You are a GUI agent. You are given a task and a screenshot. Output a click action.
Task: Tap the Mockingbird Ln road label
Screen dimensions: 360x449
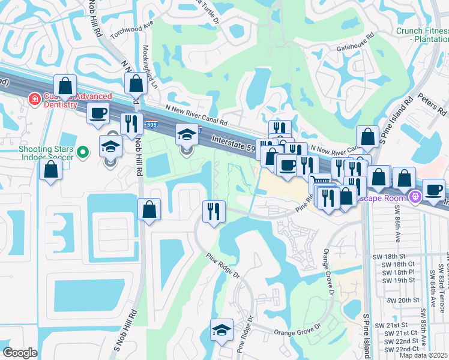coord(145,67)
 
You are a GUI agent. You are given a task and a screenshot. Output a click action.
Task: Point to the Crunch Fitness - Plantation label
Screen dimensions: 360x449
coord(421,35)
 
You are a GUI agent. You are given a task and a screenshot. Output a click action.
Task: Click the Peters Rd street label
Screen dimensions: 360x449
coord(433,104)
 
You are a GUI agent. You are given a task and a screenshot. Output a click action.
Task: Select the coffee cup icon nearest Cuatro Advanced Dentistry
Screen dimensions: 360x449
coord(98,113)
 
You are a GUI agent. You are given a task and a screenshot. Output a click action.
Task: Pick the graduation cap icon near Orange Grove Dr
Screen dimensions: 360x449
coord(221,330)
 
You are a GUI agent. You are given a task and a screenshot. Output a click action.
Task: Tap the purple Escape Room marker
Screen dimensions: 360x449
coord(414,196)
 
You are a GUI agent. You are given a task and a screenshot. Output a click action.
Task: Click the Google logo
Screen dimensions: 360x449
coord(20,353)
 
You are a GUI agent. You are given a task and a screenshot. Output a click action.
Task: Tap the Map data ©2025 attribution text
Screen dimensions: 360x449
coord(424,355)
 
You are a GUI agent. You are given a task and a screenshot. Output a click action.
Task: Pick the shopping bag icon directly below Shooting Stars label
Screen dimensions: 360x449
coord(51,169)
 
